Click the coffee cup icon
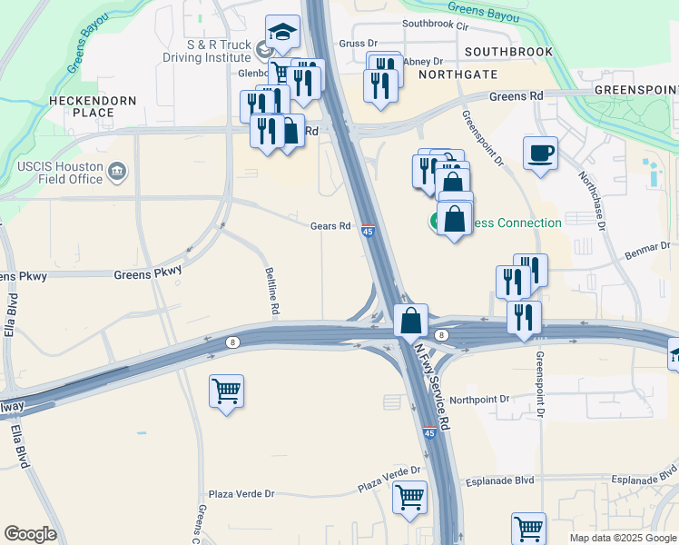click(540, 153)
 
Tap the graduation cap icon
click(282, 32)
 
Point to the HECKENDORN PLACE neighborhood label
click(93, 106)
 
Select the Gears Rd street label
click(330, 226)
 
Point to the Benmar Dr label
click(651, 246)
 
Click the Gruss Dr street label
click(358, 43)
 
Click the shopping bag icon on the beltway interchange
click(411, 320)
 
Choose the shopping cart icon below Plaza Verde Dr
click(409, 497)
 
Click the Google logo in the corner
click(30, 534)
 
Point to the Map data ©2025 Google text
click(623, 538)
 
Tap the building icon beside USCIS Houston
click(116, 171)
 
